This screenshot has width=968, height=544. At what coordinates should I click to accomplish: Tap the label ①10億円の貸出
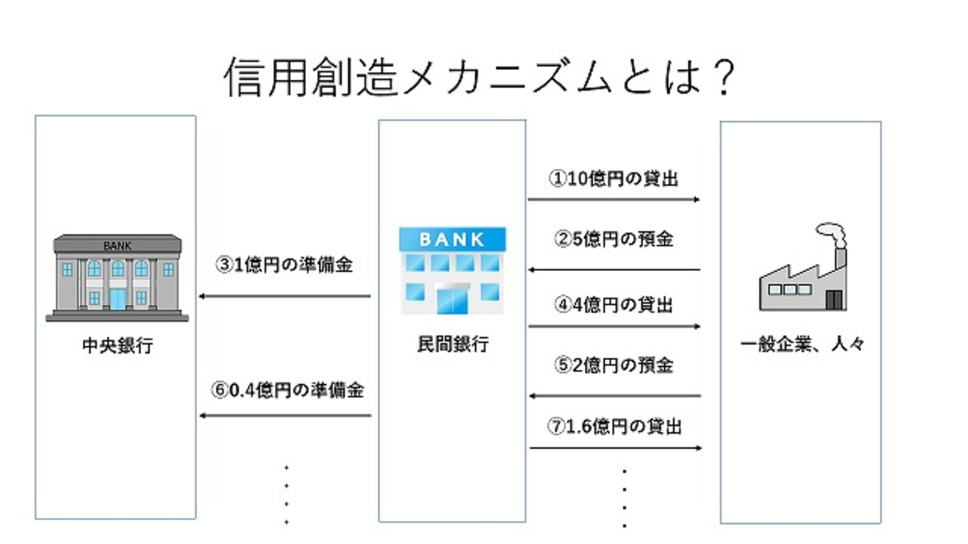tap(614, 179)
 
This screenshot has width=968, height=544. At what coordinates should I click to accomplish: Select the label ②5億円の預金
tap(614, 239)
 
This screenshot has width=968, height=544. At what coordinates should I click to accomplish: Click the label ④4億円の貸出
tap(614, 304)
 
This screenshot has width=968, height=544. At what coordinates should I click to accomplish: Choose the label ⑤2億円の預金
tap(614, 365)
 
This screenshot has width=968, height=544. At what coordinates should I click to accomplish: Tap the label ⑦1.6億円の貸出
tap(615, 426)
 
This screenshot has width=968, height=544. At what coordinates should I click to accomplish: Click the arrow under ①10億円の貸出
tap(614, 199)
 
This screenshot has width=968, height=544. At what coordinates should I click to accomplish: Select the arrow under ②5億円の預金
tap(614, 269)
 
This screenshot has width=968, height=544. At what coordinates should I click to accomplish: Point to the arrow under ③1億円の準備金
tap(284, 296)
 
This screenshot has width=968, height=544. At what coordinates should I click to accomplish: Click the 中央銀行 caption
tap(117, 345)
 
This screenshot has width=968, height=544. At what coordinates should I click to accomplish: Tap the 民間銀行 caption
tap(453, 344)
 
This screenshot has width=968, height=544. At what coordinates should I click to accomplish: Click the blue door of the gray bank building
tap(118, 298)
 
